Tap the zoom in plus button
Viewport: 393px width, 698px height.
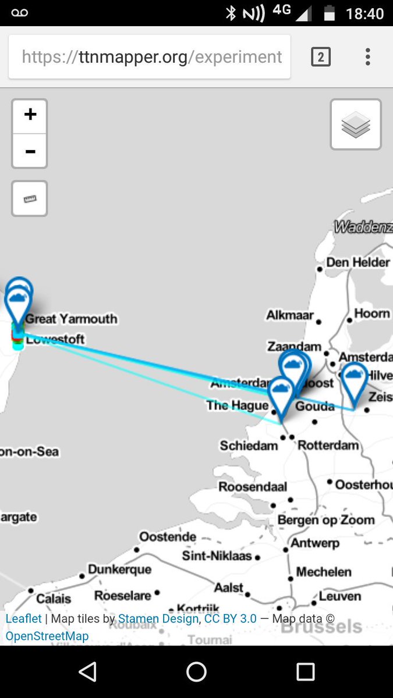click(x=30, y=115)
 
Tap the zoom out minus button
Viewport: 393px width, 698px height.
click(x=30, y=151)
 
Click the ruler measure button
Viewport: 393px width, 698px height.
click(x=30, y=199)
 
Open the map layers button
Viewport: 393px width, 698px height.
click(x=356, y=124)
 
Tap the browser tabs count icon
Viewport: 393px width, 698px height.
click(x=321, y=57)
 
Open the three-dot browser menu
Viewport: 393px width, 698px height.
click(x=367, y=57)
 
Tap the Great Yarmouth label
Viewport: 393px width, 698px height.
click(x=71, y=319)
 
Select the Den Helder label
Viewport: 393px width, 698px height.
click(x=357, y=262)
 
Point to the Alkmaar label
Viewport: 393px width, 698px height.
click(x=290, y=315)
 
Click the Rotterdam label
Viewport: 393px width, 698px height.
click(x=328, y=446)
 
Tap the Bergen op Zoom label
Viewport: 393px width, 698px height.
click(x=325, y=520)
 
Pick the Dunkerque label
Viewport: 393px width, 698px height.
click(x=119, y=569)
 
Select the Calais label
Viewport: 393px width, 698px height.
click(x=54, y=598)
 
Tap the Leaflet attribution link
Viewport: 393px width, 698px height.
click(x=23, y=619)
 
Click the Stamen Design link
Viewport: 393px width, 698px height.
click(x=158, y=619)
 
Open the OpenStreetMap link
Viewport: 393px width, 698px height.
click(x=47, y=636)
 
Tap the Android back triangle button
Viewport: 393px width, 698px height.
click(x=87, y=672)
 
